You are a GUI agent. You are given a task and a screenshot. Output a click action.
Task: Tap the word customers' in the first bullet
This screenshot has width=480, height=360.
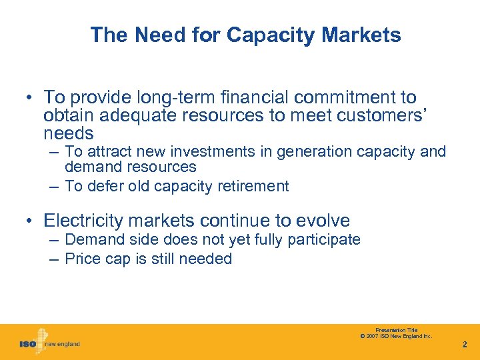coord(380,115)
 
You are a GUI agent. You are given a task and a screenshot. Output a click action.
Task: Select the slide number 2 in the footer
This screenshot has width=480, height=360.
coord(465,345)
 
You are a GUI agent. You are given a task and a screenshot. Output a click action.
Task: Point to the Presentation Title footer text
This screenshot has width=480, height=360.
coord(396,330)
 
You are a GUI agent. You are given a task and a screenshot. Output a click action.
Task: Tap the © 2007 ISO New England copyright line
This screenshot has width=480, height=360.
coord(396,336)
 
